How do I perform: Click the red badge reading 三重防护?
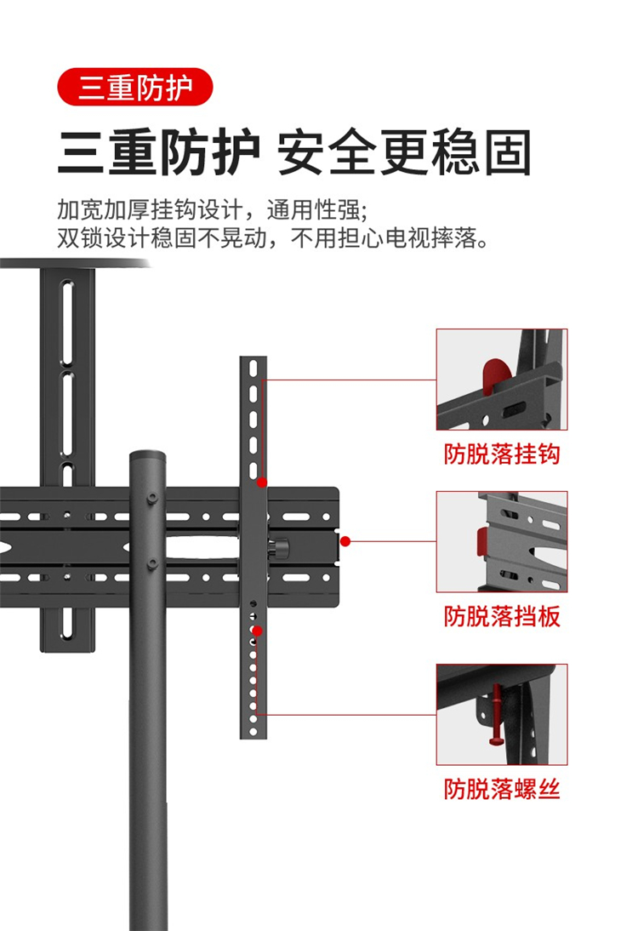click(134, 88)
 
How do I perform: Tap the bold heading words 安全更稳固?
click(404, 152)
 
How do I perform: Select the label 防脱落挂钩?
click(502, 454)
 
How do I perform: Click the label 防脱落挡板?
click(502, 616)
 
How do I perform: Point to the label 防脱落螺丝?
click(502, 789)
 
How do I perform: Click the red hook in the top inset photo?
click(496, 375)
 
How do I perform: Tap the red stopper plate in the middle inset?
click(483, 541)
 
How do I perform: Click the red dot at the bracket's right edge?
click(345, 541)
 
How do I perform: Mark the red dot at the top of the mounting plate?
click(262, 483)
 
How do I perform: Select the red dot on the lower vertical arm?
click(257, 631)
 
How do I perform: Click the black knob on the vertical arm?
click(278, 547)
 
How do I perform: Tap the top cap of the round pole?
click(147, 457)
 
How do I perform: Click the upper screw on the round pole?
click(152, 498)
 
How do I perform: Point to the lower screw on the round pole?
click(152, 563)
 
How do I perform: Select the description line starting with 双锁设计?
click(274, 238)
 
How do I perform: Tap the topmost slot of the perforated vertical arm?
click(253, 368)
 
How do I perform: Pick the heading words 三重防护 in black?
click(159, 152)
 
